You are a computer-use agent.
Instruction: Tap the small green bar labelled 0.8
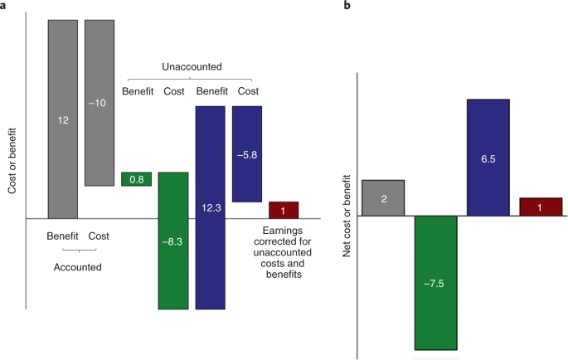pyautogui.click(x=136, y=178)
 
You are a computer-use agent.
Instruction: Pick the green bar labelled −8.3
pyautogui.click(x=172, y=241)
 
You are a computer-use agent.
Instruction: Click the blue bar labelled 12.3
pyautogui.click(x=210, y=207)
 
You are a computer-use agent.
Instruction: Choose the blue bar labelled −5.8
pyautogui.click(x=247, y=153)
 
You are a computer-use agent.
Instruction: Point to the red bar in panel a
pyautogui.click(x=284, y=209)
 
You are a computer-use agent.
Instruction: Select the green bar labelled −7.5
pyautogui.click(x=436, y=282)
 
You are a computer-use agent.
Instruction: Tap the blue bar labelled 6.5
pyautogui.click(x=488, y=157)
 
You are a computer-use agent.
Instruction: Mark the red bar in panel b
pyautogui.click(x=541, y=207)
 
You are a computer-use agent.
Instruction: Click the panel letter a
pyautogui.click(x=6, y=7)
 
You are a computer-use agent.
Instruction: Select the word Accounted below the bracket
pyautogui.click(x=78, y=267)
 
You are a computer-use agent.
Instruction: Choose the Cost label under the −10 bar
pyautogui.click(x=98, y=235)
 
